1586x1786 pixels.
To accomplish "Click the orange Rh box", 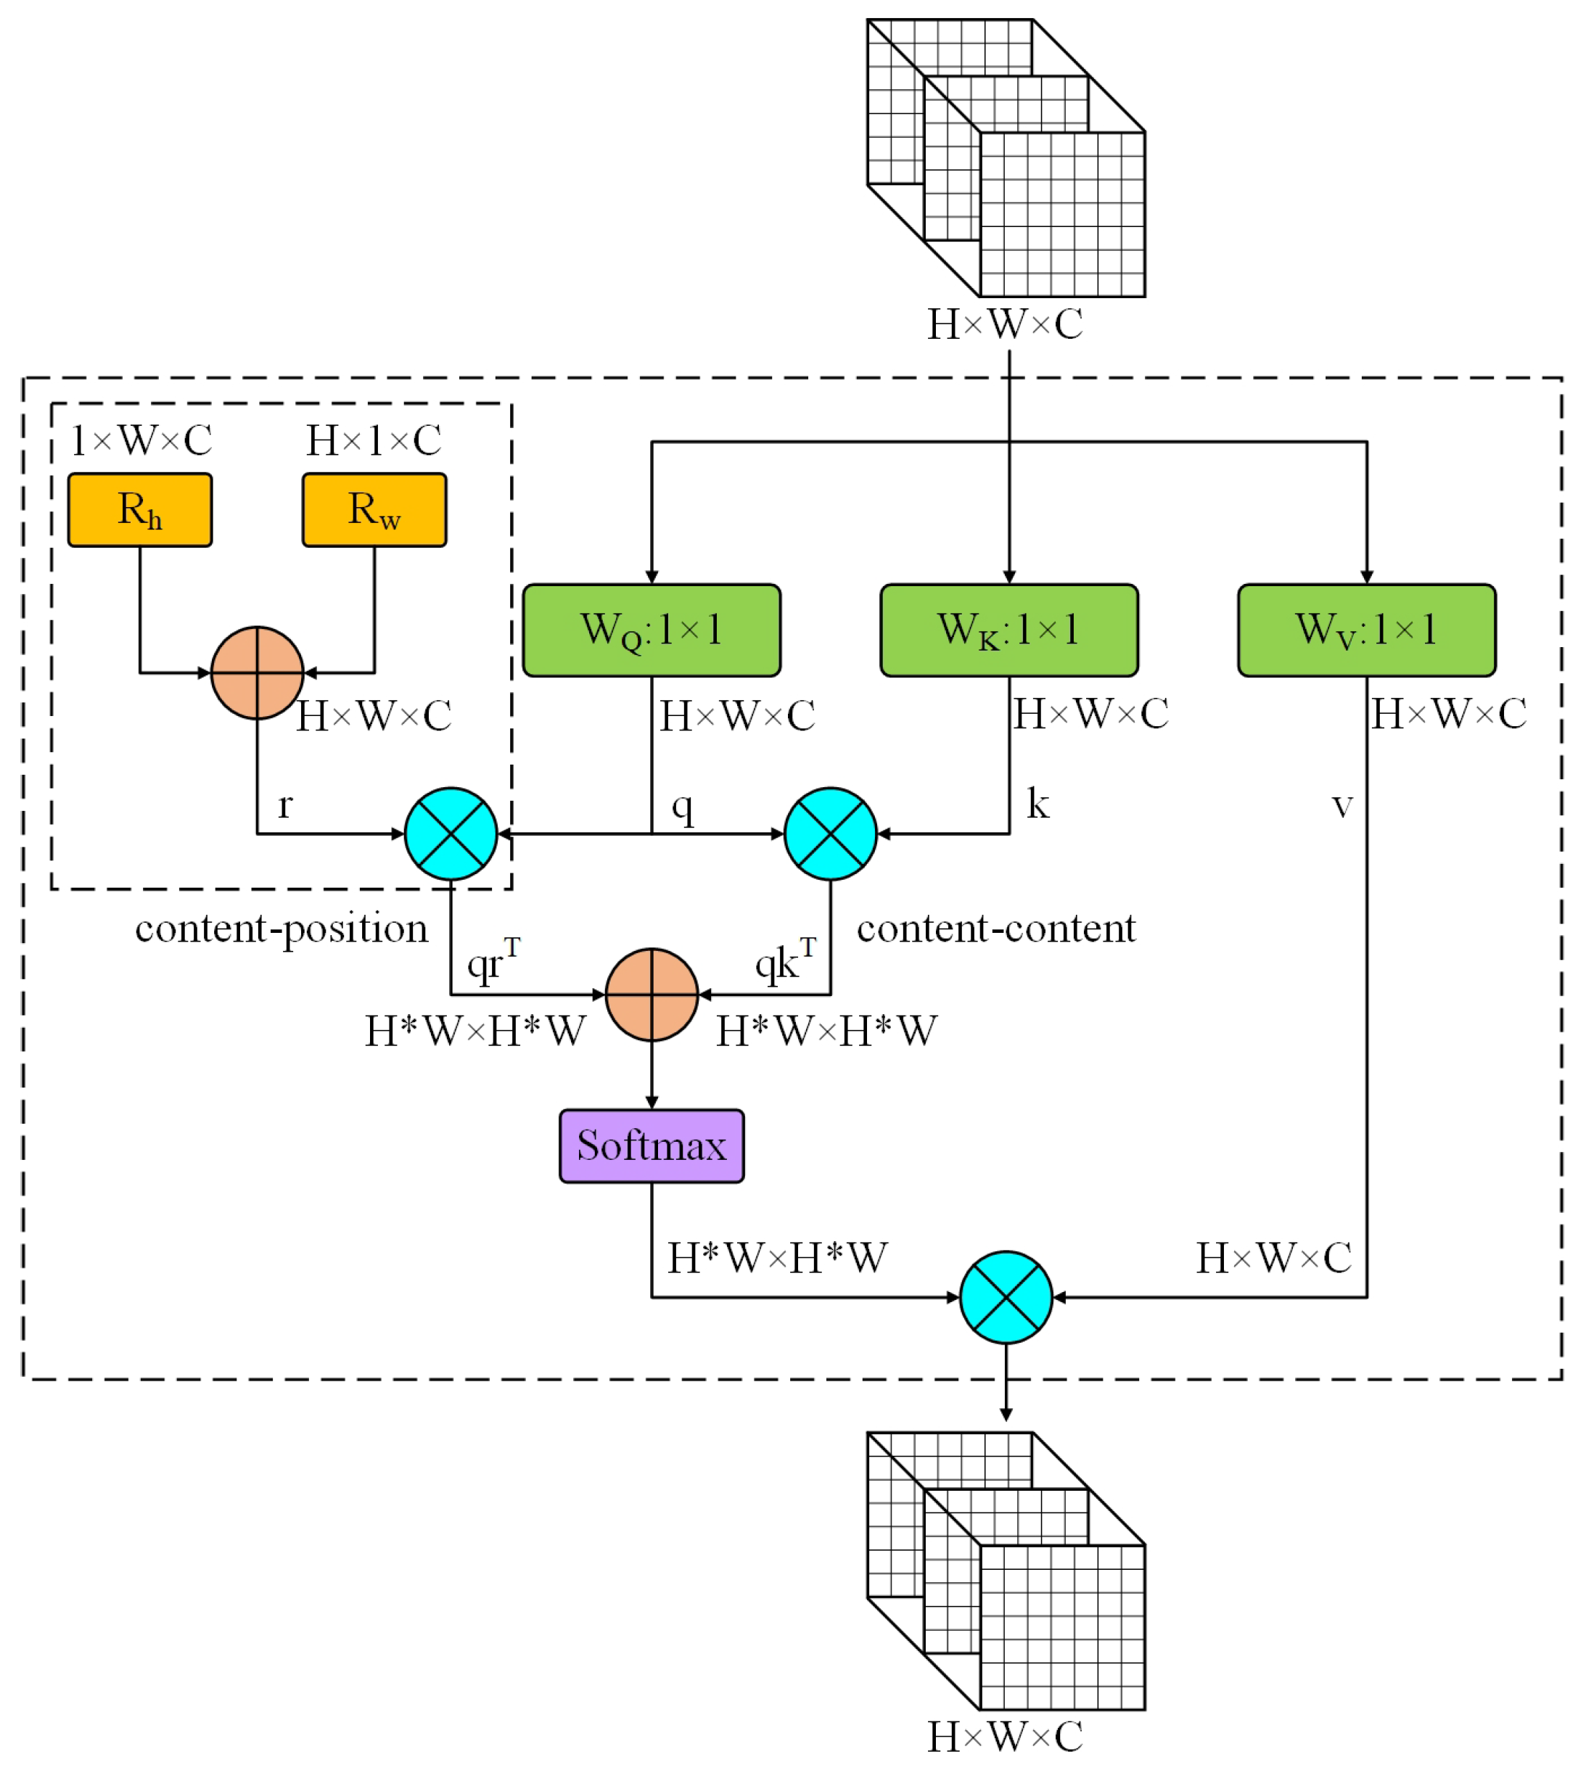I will [140, 510].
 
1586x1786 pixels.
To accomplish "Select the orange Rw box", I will [374, 510].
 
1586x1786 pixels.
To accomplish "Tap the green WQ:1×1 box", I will [651, 630].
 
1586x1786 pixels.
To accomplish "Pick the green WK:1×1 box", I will [1008, 630].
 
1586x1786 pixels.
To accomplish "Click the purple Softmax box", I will [651, 1145].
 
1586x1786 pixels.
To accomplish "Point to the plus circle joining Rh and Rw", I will [257, 672].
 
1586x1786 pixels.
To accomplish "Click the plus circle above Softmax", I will [651, 995].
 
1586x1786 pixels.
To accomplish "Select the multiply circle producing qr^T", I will [451, 834].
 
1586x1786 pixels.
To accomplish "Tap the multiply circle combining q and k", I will [830, 834].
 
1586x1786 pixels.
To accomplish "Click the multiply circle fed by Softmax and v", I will [1006, 1298].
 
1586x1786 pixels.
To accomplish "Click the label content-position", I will [282, 929].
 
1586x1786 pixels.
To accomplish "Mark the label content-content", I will [995, 929].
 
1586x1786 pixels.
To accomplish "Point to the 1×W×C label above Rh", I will [141, 440].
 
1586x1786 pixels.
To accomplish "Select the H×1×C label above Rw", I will [374, 440].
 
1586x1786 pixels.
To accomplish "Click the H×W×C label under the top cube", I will [1005, 325].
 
